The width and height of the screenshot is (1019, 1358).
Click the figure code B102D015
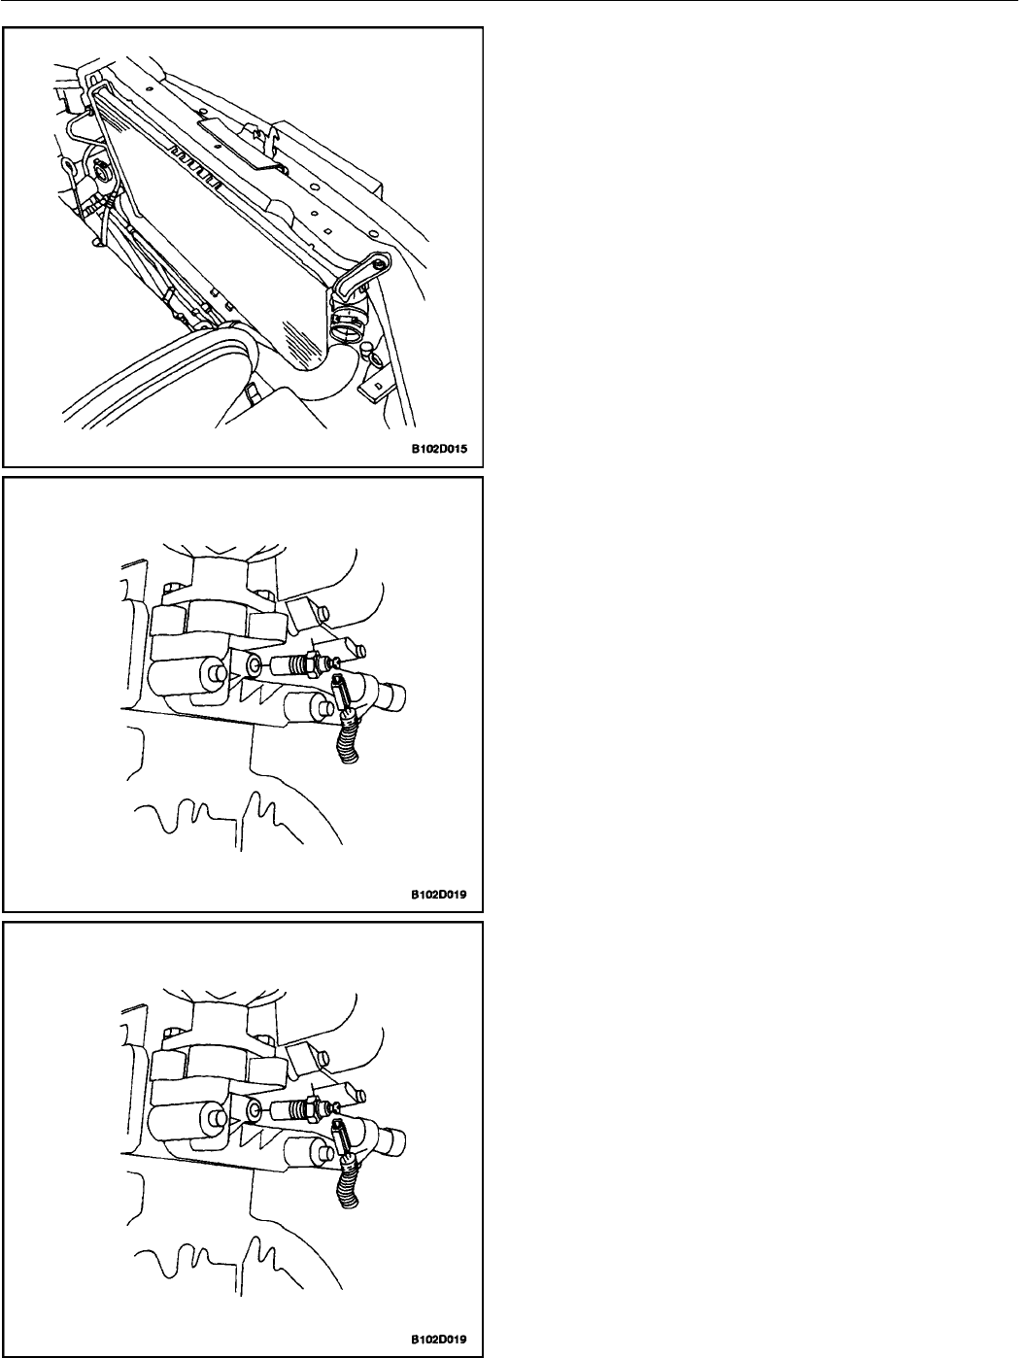(x=439, y=449)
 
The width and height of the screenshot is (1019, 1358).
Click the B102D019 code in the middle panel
(x=439, y=894)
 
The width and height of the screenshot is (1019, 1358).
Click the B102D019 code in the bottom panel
(x=439, y=1340)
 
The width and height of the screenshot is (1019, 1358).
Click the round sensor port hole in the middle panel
(x=255, y=665)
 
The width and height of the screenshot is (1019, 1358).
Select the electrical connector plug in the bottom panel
(x=342, y=1139)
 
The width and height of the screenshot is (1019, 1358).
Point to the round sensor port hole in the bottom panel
(x=255, y=1111)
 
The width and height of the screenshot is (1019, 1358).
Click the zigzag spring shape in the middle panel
(x=255, y=690)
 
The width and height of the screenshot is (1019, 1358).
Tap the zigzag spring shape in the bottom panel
(x=255, y=1135)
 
